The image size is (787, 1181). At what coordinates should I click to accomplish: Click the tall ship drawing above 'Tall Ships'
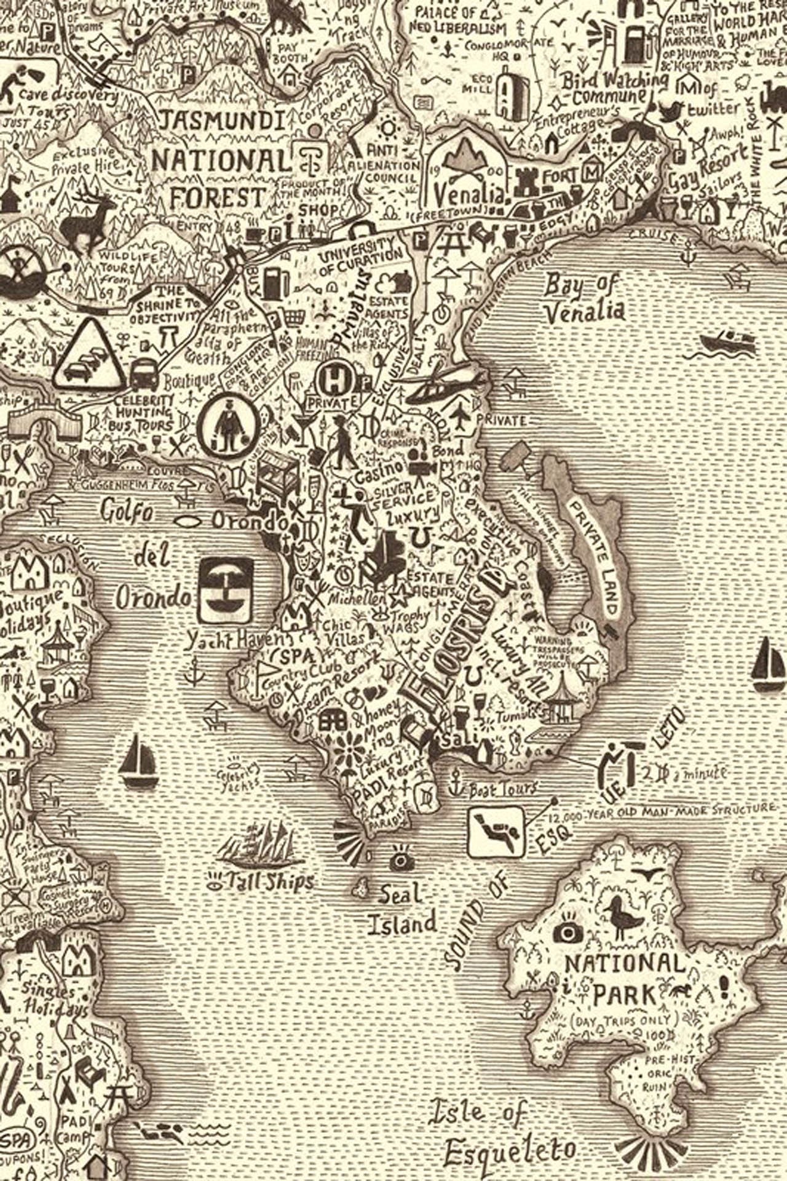point(258,844)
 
